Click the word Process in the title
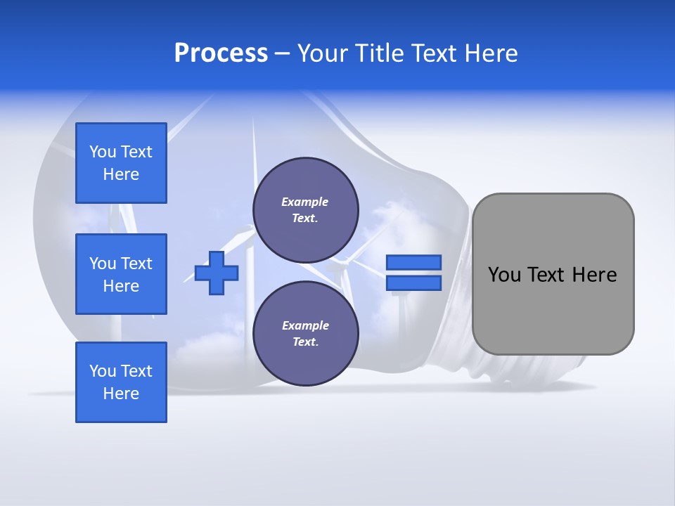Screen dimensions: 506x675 coord(221,53)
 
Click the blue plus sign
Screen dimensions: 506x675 coord(216,273)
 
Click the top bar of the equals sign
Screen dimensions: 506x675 coord(413,263)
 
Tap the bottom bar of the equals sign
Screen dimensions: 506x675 coord(413,283)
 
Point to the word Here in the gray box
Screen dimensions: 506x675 coord(594,275)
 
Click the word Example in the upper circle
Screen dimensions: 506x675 coord(304,202)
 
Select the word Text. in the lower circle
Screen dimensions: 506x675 coord(304,342)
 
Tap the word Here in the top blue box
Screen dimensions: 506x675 coord(121,174)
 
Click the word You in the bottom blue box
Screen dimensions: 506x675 coord(103,371)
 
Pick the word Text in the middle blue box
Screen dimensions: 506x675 coord(136,264)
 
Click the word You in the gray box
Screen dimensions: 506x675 coord(504,275)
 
